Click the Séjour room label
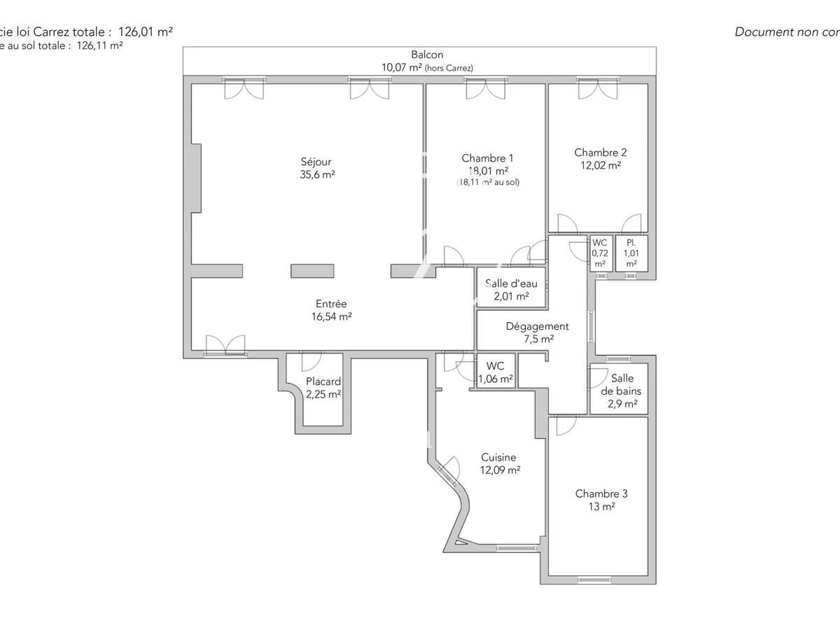(x=316, y=162)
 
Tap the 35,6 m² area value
(x=316, y=175)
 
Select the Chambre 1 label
(x=487, y=158)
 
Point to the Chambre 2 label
(x=600, y=153)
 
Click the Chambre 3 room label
(x=601, y=493)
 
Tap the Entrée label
(x=331, y=304)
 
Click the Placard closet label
(x=323, y=381)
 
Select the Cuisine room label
(x=499, y=458)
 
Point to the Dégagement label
(x=537, y=326)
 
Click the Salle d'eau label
(x=511, y=283)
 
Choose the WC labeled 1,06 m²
(x=495, y=372)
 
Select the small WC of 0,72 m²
(x=600, y=253)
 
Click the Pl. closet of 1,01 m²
(x=631, y=253)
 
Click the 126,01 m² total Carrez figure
(x=146, y=31)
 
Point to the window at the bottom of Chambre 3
(x=598, y=579)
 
